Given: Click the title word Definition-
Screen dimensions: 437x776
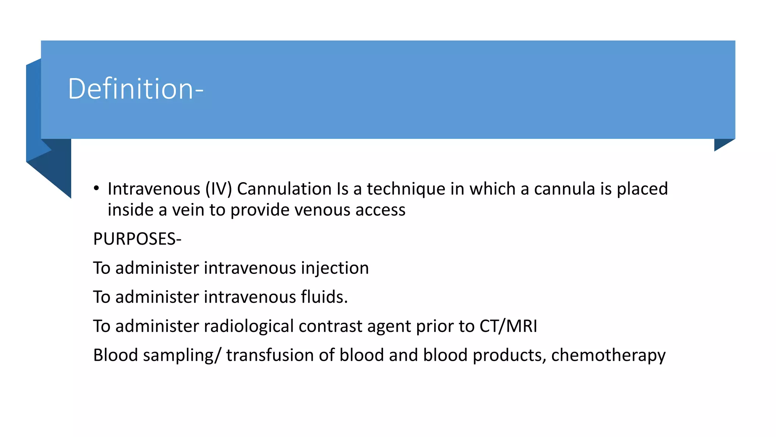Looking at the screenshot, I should pyautogui.click(x=136, y=89).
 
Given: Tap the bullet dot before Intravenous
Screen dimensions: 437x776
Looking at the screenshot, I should pyautogui.click(x=97, y=189).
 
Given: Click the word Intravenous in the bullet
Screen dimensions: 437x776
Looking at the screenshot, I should pyautogui.click(x=154, y=189).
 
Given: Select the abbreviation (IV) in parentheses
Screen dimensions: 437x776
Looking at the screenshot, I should pyautogui.click(x=219, y=189).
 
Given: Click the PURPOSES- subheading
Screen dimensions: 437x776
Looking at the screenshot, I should pyautogui.click(x=137, y=239).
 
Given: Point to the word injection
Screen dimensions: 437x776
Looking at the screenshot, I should pyautogui.click(x=335, y=268).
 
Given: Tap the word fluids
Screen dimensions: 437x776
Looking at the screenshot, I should pyautogui.click(x=324, y=297).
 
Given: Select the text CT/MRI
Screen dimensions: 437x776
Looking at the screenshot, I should pyautogui.click(x=508, y=326).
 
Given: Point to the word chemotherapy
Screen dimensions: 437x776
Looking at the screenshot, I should pyautogui.click(x=608, y=355).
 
